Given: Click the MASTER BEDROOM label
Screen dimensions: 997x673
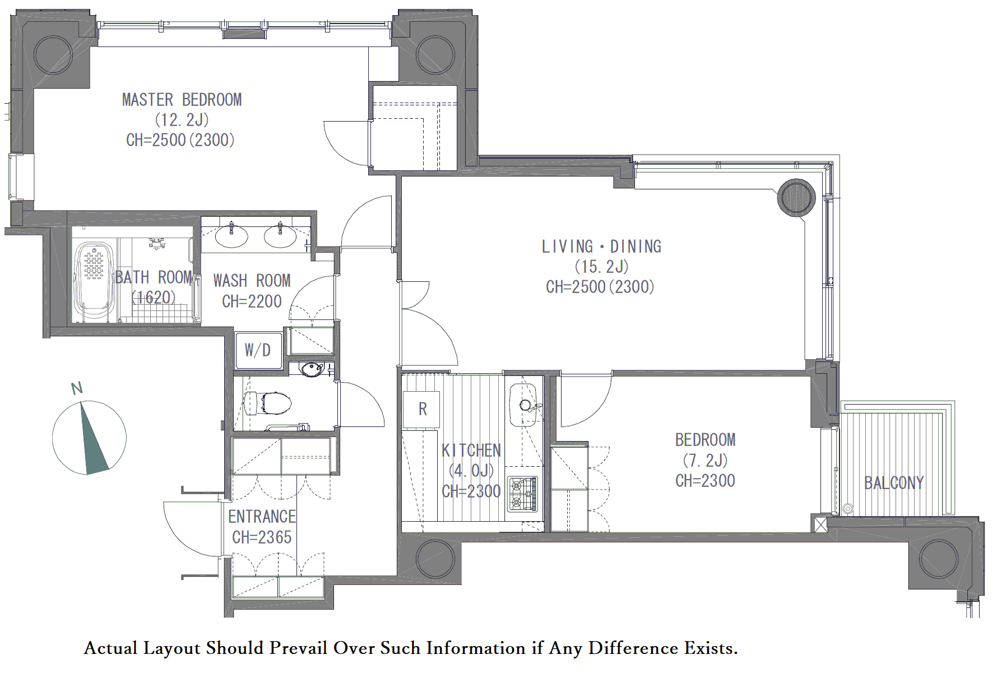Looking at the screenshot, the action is click(182, 100).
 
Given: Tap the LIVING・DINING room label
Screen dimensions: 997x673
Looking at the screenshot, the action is click(601, 247).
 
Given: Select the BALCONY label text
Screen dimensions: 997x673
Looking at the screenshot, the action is click(894, 482).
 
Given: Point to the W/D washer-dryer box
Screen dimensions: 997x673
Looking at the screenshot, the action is click(258, 350).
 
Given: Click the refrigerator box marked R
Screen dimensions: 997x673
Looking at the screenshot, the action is click(421, 410).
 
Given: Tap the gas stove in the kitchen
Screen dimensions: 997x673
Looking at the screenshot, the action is click(522, 494).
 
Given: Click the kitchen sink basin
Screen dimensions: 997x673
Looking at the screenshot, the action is click(523, 405).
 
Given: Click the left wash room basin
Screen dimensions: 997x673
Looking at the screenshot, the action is click(231, 235).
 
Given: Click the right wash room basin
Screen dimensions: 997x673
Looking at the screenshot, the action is click(280, 235).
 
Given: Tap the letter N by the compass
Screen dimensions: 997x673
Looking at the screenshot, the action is click(77, 388).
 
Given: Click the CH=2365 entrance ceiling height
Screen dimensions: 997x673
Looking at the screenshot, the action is click(262, 537).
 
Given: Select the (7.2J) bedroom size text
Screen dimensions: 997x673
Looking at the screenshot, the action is click(705, 460).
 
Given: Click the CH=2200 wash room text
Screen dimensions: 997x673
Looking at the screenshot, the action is click(252, 301).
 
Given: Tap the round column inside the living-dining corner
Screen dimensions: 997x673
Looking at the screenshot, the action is click(796, 197).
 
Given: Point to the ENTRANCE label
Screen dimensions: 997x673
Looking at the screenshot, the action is click(262, 517).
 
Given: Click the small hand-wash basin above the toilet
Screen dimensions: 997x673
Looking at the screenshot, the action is click(311, 369).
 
